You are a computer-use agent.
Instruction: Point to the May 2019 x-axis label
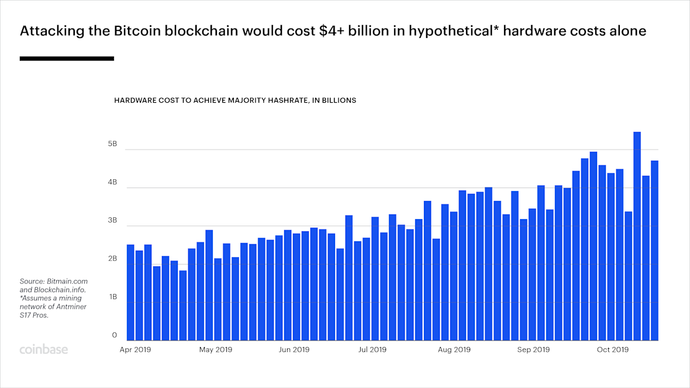tap(216, 349)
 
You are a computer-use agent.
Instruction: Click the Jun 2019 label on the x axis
tap(294, 349)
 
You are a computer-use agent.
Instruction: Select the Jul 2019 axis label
tap(371, 349)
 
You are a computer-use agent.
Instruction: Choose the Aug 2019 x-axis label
tap(454, 349)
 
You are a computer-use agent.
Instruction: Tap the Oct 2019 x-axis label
tap(612, 349)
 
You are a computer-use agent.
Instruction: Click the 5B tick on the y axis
tap(113, 144)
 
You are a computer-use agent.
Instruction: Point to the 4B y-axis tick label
tap(113, 182)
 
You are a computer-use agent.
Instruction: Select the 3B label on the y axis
tap(113, 221)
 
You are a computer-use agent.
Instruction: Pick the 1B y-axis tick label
tap(113, 297)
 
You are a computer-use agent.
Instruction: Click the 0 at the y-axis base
tap(115, 335)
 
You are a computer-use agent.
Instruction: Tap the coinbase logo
tap(44, 349)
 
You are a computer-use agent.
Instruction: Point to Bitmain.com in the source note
tap(67, 282)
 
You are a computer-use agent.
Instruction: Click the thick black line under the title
tap(67, 58)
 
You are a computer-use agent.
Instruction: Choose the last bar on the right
tap(654, 250)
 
